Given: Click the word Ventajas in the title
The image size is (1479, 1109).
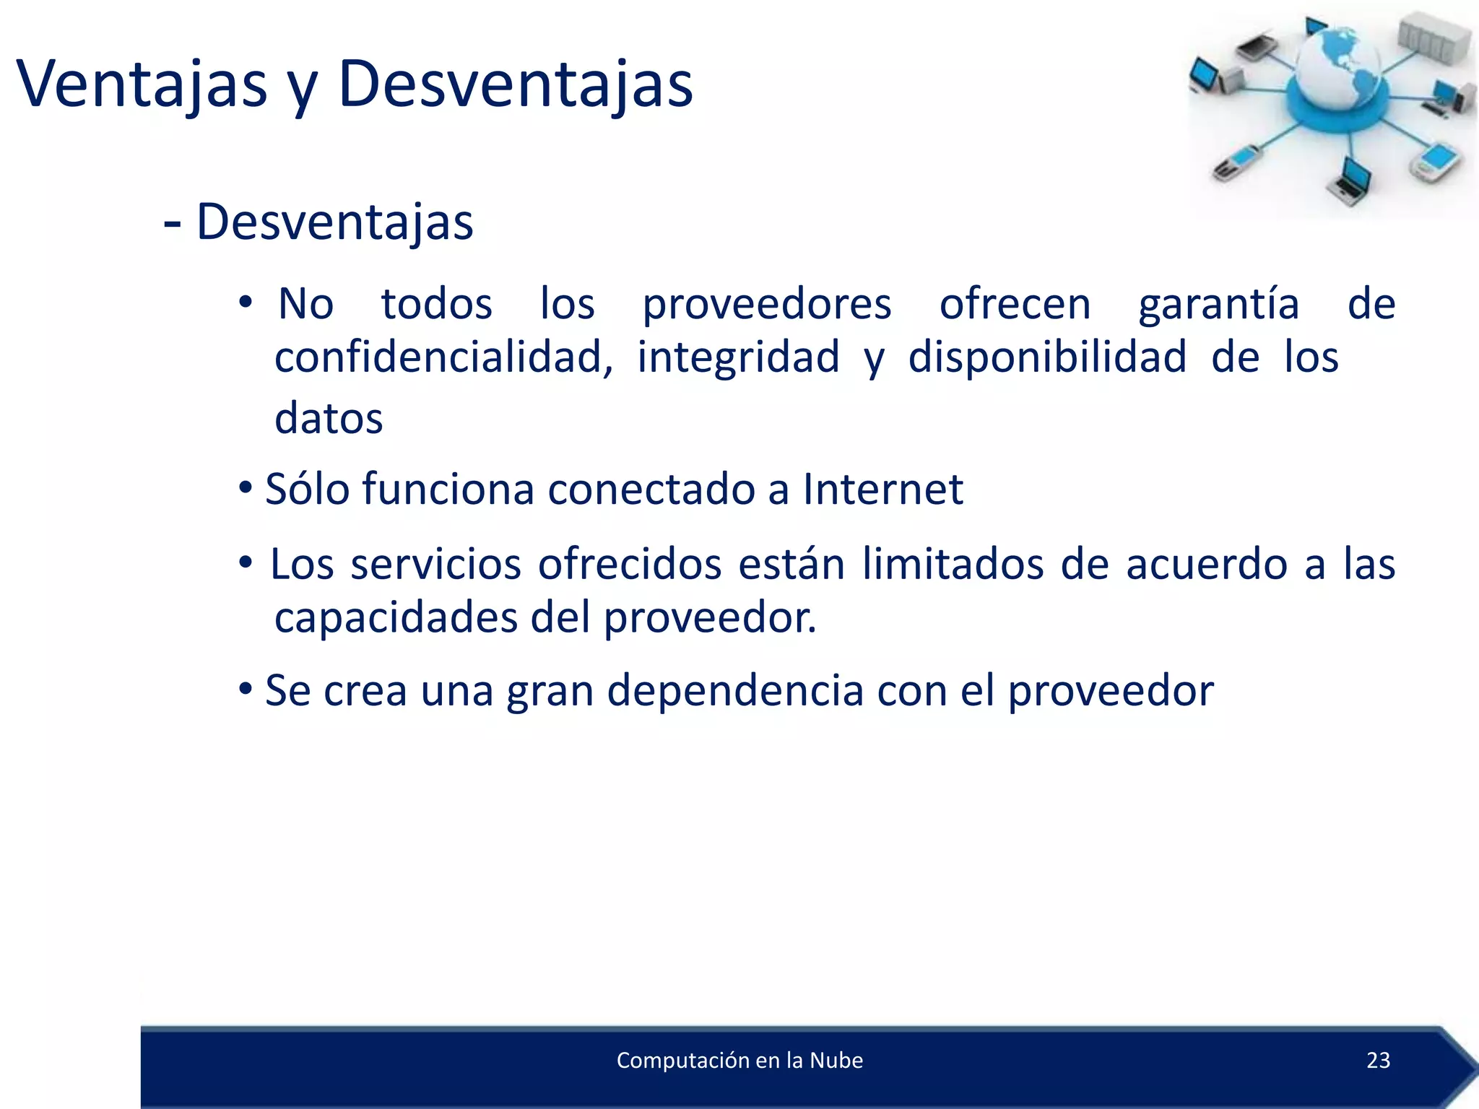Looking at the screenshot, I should click(x=142, y=84).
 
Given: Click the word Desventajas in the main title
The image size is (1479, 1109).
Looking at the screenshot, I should click(x=515, y=84).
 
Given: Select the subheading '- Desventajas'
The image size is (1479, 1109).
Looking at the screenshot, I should click(x=318, y=222).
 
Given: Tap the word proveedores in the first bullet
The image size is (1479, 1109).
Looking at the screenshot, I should click(x=767, y=304).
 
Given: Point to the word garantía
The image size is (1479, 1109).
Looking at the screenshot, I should click(x=1219, y=304).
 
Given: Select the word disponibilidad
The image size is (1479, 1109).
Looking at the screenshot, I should click(x=1047, y=357).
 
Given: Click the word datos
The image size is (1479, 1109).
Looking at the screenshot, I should click(x=329, y=418).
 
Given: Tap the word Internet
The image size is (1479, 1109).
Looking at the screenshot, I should click(x=882, y=490).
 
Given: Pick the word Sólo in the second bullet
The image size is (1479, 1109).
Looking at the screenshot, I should click(x=307, y=490).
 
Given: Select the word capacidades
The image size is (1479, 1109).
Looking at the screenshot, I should click(x=396, y=618).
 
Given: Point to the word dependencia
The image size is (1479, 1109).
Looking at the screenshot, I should click(x=735, y=691).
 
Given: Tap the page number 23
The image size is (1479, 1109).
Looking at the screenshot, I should click(x=1378, y=1060).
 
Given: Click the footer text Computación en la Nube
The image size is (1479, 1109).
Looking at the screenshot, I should click(x=739, y=1060).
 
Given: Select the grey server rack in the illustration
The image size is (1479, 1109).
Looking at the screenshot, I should click(x=1433, y=42).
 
